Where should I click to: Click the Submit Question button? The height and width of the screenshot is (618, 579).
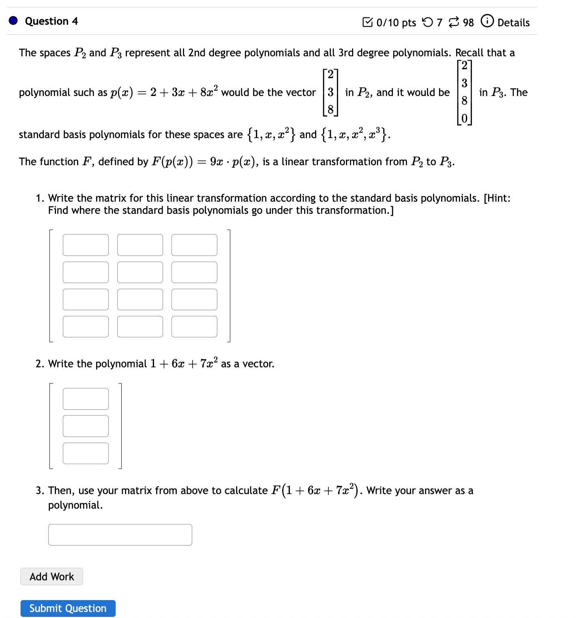coord(68,608)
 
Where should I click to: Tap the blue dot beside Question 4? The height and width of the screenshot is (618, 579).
coord(13,21)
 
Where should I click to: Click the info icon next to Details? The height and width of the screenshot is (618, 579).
coord(487,21)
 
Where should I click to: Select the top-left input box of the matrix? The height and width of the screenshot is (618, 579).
coord(86,245)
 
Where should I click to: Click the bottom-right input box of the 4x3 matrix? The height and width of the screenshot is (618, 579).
coord(194,326)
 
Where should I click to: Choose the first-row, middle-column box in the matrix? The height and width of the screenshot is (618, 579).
coord(140,245)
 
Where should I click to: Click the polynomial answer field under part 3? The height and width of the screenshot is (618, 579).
coord(120,535)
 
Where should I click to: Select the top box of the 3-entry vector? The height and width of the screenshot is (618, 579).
coord(86,399)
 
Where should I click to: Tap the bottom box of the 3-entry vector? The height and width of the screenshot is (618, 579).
coord(86,453)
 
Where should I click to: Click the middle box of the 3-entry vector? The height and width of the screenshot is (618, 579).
coord(86,426)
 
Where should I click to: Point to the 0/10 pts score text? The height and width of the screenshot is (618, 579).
coord(396,23)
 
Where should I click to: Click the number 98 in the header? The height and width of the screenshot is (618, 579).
coord(468,23)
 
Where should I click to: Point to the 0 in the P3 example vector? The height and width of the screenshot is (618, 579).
coord(464,118)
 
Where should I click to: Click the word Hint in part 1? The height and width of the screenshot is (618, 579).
coord(498,198)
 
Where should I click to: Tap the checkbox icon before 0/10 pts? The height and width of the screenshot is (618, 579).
coord(367,22)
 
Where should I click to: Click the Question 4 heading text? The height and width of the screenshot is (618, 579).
coord(51,21)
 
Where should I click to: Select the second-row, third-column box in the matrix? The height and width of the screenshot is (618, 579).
coord(194,272)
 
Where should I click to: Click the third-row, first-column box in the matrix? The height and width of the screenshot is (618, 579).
coord(86,299)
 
